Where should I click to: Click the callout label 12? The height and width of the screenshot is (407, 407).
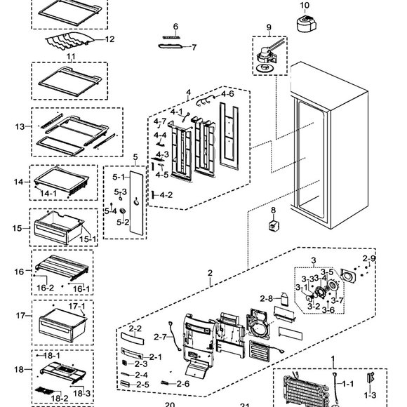coord(109,39)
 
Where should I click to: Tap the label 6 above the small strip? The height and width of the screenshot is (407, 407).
coord(175,27)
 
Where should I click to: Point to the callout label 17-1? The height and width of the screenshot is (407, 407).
coord(76,307)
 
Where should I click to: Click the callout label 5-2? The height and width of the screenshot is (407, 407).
coord(123,222)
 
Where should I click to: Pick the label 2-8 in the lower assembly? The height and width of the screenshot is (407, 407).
coord(266,299)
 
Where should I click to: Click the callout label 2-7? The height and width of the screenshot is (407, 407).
coord(159,337)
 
